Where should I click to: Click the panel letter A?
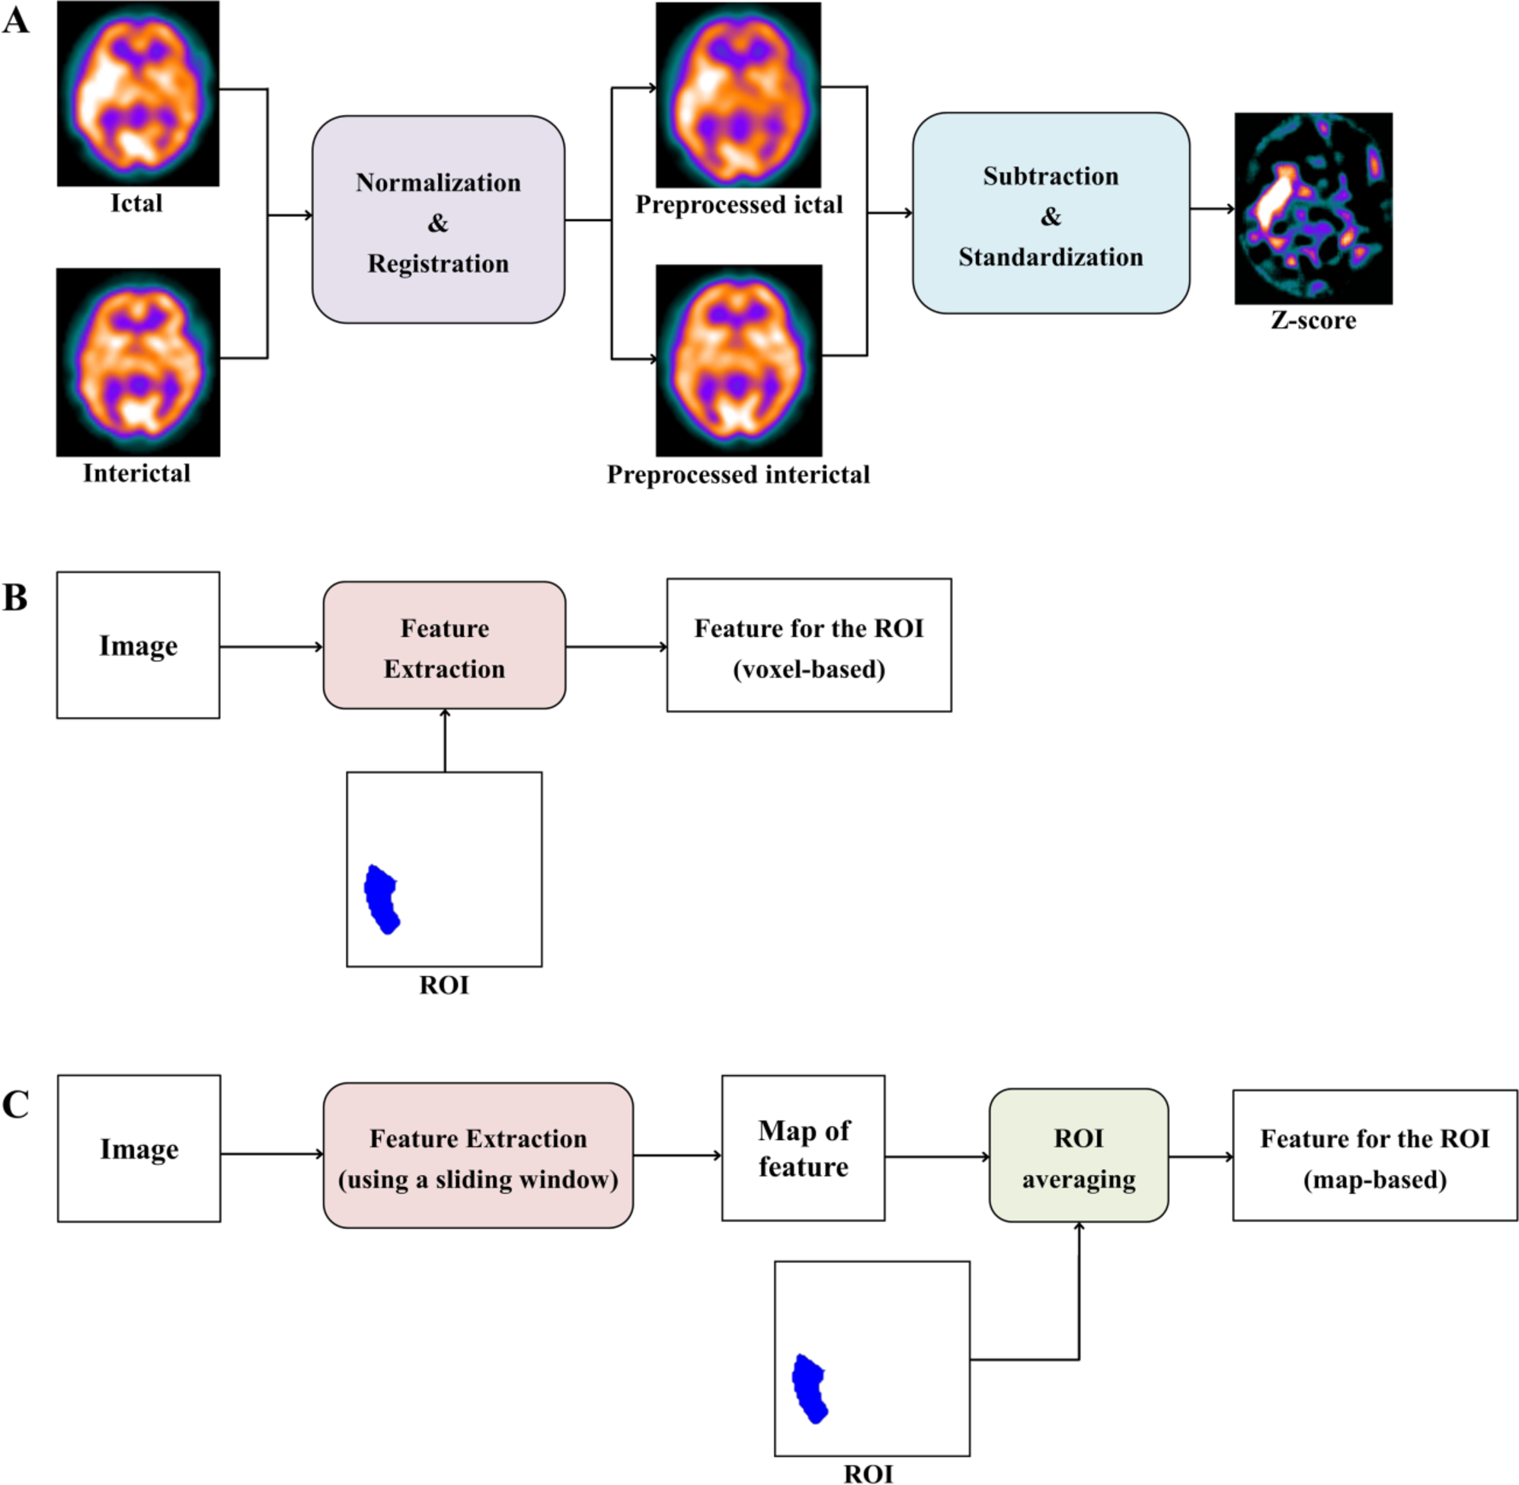point(15,20)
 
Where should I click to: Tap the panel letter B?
point(15,599)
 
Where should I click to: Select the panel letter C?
point(15,1104)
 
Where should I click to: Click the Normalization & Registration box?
point(437,220)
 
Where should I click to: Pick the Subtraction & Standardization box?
point(1050,213)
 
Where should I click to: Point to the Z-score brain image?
point(1312,208)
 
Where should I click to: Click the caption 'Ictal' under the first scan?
point(137,203)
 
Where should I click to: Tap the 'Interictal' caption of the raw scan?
point(137,473)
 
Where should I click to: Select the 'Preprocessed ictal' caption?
point(738,205)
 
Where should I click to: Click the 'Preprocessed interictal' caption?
point(738,475)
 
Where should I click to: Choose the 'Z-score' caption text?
point(1313,320)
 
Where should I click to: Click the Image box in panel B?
point(138,646)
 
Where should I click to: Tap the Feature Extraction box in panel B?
point(444,646)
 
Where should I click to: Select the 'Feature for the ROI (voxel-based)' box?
point(808,646)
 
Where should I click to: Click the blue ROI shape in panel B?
point(382,899)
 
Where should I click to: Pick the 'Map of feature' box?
point(803,1149)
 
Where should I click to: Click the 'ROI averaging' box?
point(1078,1156)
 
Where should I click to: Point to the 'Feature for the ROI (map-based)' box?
point(1375,1156)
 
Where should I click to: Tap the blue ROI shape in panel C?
point(810,1389)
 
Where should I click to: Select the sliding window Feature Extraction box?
point(478,1156)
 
